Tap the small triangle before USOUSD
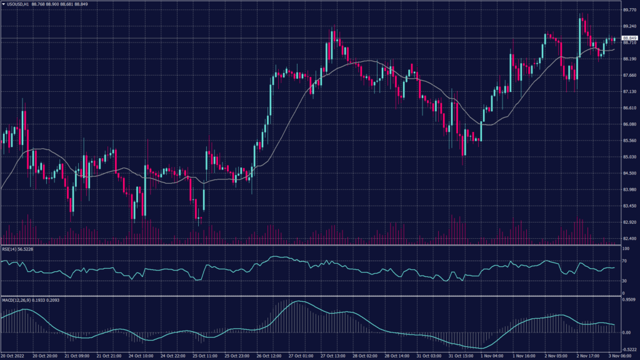click(x=3, y=4)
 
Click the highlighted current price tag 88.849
click(x=629, y=39)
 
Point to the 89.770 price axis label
click(x=629, y=10)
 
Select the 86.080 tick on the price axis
click(x=629, y=124)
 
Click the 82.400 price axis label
click(x=629, y=238)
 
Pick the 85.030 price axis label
click(x=629, y=157)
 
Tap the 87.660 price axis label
click(x=629, y=75)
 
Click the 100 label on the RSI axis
click(x=626, y=248)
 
